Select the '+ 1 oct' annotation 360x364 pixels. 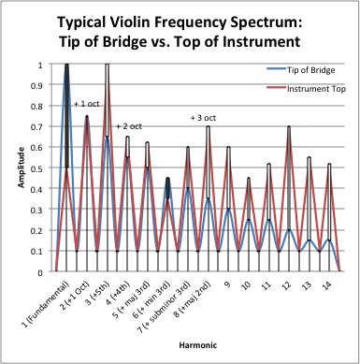coord(87,104)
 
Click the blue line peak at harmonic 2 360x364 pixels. coord(87,117)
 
